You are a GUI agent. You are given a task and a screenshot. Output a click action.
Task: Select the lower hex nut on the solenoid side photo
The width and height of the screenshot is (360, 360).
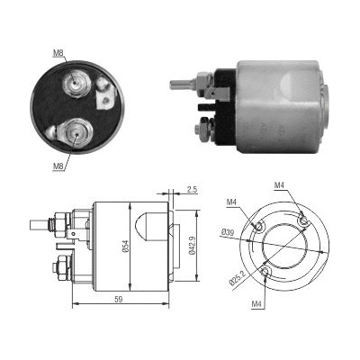(x=202, y=128)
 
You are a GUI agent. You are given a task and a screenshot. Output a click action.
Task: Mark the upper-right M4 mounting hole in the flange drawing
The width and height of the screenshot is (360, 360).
(x=303, y=220)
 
